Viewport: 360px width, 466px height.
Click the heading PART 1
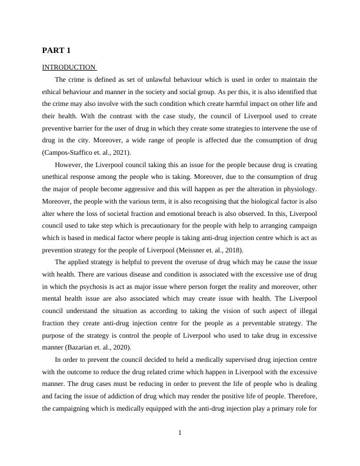[x=56, y=50]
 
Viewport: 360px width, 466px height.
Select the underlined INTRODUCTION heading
[x=68, y=67]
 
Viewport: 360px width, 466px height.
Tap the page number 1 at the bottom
[x=180, y=433]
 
